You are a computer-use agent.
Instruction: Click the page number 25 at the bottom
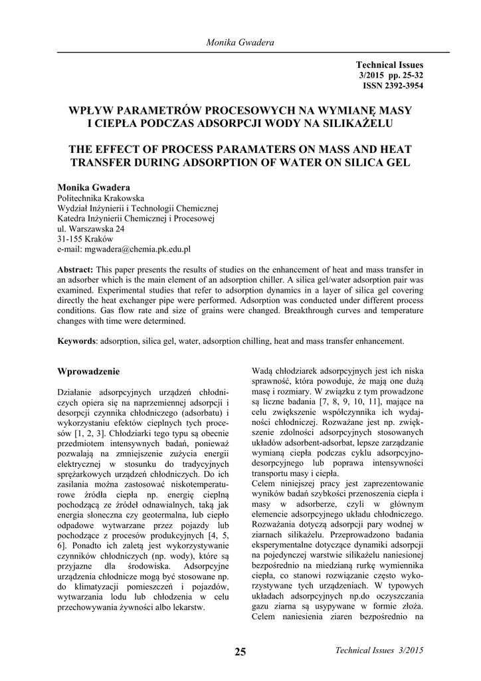click(x=241, y=652)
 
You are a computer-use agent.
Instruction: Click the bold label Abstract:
click(x=76, y=269)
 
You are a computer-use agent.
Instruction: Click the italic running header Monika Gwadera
click(x=241, y=43)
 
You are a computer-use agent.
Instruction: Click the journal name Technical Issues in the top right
click(x=389, y=65)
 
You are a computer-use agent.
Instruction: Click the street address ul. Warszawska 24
click(x=91, y=229)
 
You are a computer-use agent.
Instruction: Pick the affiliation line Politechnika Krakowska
click(x=101, y=198)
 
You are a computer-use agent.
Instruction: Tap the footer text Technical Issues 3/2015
click(x=379, y=650)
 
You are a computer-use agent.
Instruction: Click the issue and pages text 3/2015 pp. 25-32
click(x=390, y=76)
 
